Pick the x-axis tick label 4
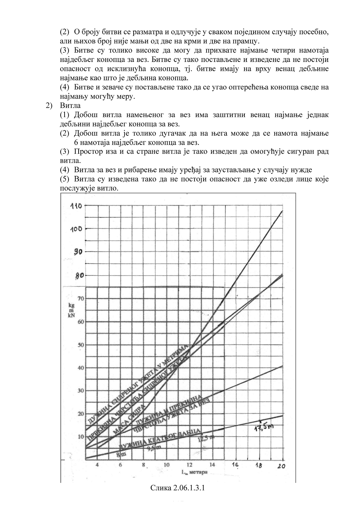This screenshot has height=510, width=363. [97, 465]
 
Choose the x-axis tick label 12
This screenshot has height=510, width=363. [189, 465]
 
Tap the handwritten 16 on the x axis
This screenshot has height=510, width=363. [236, 465]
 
